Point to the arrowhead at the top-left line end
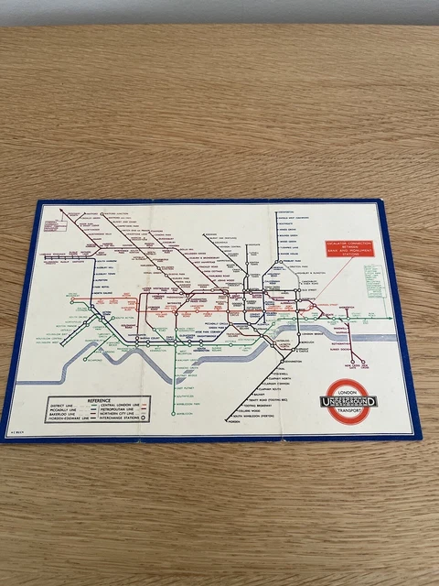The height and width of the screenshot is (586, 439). pos(61,212)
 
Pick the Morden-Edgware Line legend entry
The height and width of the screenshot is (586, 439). pos(71,422)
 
